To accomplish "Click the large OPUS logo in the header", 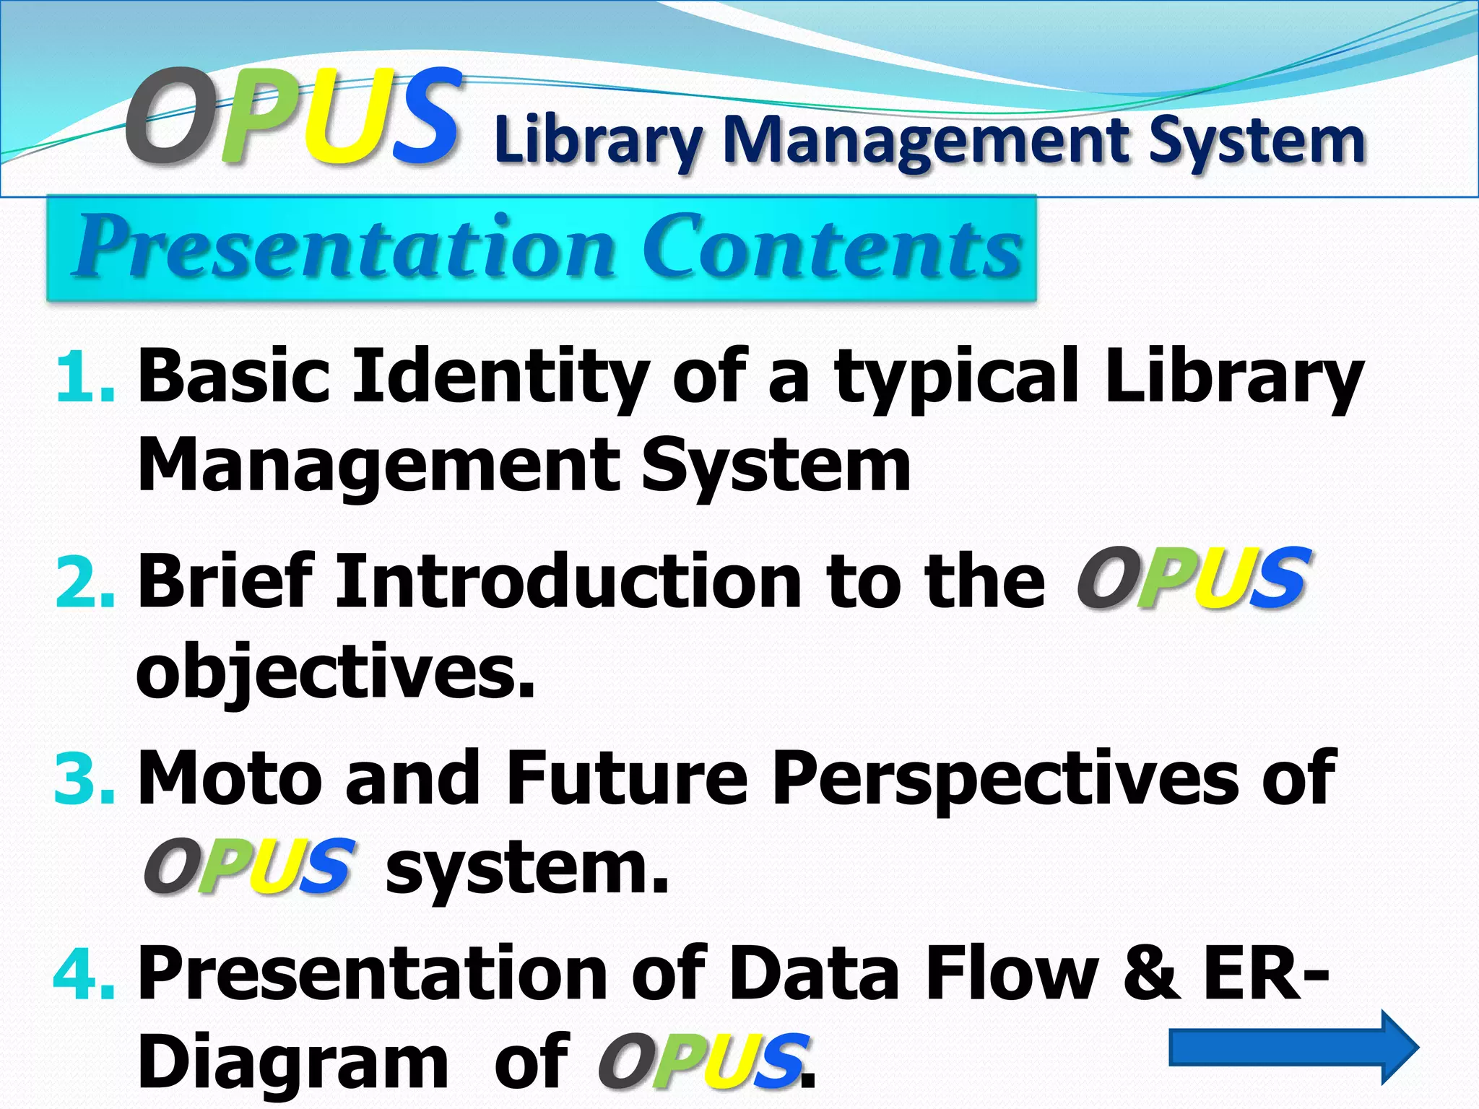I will tap(292, 116).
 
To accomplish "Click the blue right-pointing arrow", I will tap(1293, 1047).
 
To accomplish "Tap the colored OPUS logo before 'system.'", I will tap(250, 866).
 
